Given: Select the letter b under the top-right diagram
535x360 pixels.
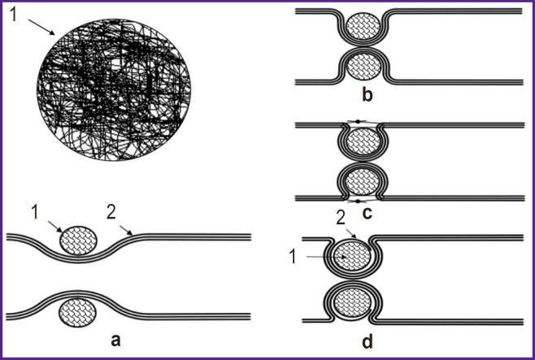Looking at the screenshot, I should click(368, 97).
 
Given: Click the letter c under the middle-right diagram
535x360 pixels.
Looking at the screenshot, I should click(368, 214).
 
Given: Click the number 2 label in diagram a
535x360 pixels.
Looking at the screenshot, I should click(112, 213).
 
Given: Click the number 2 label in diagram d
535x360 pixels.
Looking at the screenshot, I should click(341, 218).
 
